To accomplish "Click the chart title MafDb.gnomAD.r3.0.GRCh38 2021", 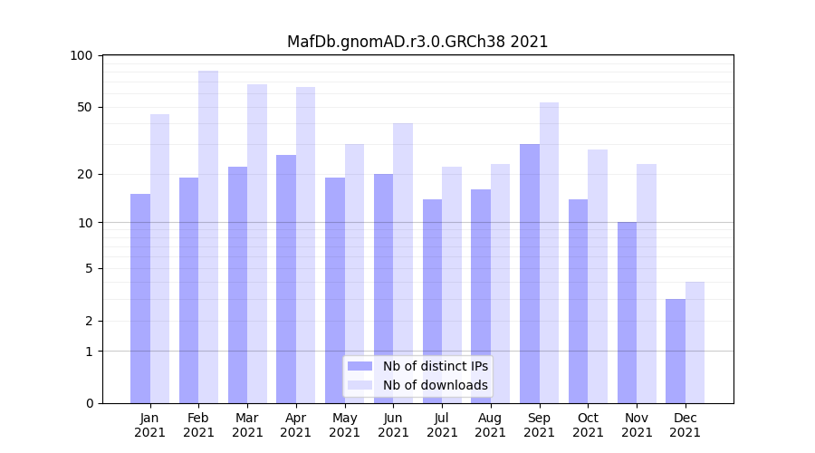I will point(417,42).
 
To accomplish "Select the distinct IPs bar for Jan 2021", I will point(140,299).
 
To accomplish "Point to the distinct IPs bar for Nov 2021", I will point(627,313).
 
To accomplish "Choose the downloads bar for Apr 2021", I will point(305,245).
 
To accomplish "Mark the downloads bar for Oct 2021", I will point(598,276).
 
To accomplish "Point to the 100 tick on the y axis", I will point(81,56).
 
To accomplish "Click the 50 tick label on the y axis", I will point(85,107).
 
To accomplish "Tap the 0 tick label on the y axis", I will point(89,403).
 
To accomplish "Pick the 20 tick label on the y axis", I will point(85,174).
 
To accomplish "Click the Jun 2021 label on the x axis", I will point(393,425).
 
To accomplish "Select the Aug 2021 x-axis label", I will point(491,425).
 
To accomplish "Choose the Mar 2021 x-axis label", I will point(247,425).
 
